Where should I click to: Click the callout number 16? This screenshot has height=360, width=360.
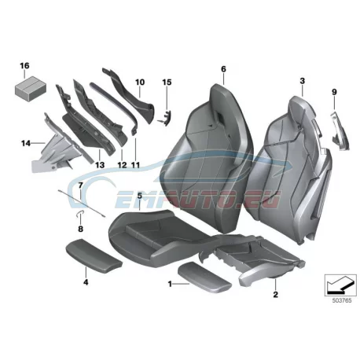coord(25,65)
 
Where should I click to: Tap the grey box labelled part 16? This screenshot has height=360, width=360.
coord(31,86)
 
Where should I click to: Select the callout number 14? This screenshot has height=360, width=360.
coord(26,143)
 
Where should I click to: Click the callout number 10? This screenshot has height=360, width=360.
coord(140,83)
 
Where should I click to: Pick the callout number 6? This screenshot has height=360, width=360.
coord(223,69)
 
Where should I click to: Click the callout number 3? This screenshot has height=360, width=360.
coord(303,81)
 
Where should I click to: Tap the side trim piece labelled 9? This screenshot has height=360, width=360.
coord(340,131)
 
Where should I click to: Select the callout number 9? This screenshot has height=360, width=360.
coord(334,92)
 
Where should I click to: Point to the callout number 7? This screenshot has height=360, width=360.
coord(81,186)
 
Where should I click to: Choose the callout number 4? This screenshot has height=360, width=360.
coord(86,282)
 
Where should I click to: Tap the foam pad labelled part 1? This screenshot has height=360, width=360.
coord(204,277)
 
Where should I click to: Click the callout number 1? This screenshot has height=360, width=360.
coord(170,284)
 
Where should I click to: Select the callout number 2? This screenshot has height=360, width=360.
coord(275,294)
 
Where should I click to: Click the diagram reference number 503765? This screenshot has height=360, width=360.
coord(342,300)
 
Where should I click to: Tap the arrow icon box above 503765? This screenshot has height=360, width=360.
coord(340,285)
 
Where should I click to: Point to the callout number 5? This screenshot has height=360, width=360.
coord(139,196)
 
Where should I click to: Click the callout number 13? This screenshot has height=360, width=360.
coord(100,165)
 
